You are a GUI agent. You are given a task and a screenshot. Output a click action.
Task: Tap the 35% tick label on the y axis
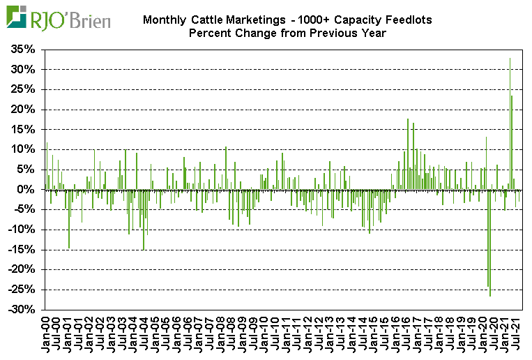pyautogui.click(x=22, y=50)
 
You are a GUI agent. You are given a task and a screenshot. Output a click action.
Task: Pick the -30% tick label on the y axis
pyautogui.click(x=21, y=310)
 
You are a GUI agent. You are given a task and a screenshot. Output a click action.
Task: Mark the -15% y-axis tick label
pyautogui.click(x=21, y=250)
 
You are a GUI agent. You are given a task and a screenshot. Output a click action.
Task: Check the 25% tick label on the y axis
pyautogui.click(x=22, y=89)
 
